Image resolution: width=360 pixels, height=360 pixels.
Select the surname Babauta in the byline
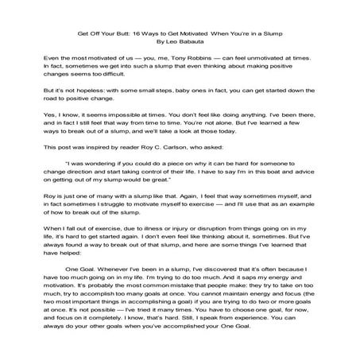(191, 44)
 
